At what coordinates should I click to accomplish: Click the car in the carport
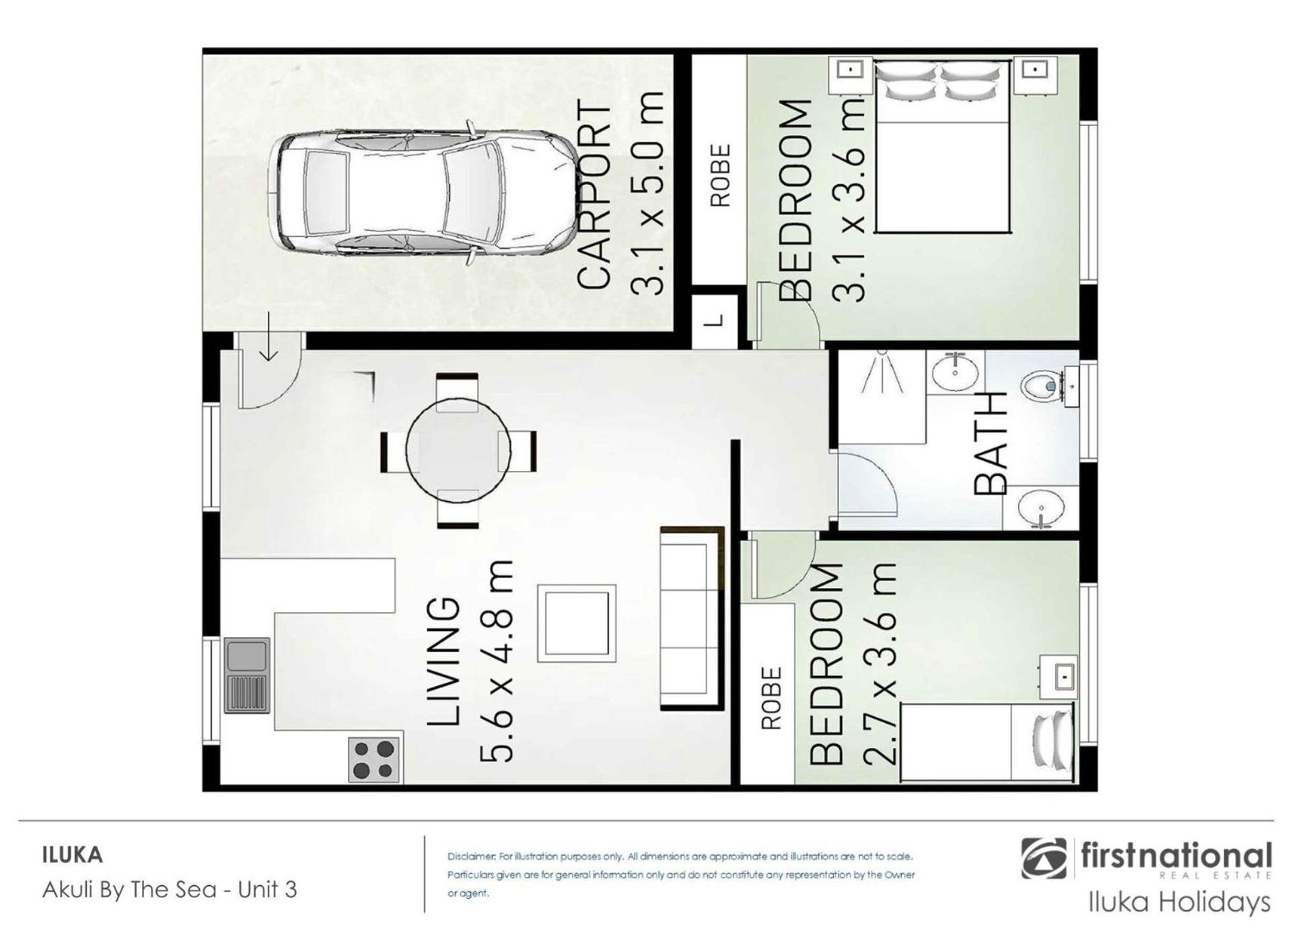pyautogui.click(x=423, y=193)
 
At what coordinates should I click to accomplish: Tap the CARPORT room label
pyautogui.click(x=595, y=195)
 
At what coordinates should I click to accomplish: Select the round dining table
pyautogui.click(x=458, y=449)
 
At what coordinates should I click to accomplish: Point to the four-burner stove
pyautogui.click(x=374, y=759)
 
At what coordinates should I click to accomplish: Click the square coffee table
pyautogui.click(x=576, y=623)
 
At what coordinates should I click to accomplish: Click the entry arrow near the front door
pyautogui.click(x=268, y=336)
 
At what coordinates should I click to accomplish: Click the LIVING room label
pyautogui.click(x=445, y=663)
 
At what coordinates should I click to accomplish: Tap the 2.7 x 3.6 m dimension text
pyautogui.click(x=880, y=663)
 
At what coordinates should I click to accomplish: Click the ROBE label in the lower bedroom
pyautogui.click(x=772, y=698)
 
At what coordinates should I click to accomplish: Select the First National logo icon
pyautogui.click(x=1044, y=858)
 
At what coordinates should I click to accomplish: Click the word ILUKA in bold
pyautogui.click(x=73, y=856)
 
